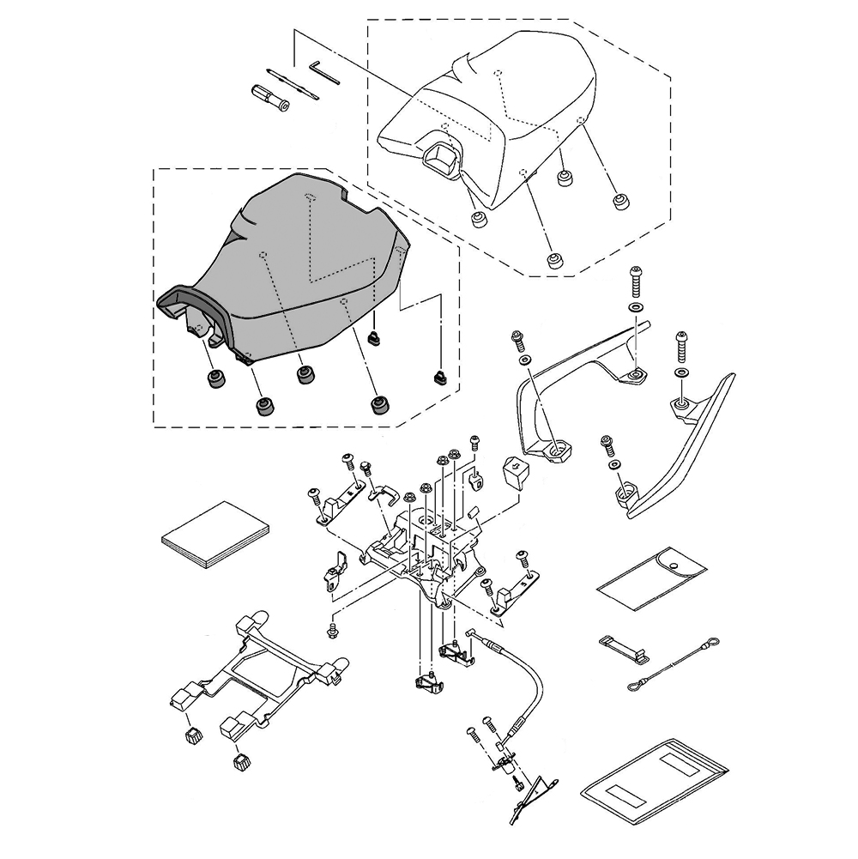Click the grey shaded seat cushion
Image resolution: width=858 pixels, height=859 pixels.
(x=300, y=257)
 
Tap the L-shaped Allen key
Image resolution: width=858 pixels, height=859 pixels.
(x=324, y=71)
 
